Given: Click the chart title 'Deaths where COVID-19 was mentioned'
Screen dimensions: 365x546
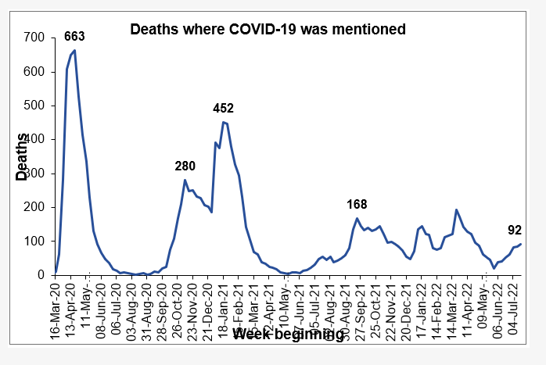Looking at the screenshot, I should (x=268, y=30).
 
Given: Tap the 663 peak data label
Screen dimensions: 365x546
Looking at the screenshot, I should (x=74, y=37).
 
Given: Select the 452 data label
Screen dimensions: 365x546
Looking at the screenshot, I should (x=224, y=109).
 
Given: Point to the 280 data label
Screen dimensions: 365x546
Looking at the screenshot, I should (x=185, y=166).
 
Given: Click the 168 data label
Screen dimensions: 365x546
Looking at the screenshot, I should (x=357, y=205).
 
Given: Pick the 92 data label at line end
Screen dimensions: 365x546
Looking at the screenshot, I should (x=515, y=230).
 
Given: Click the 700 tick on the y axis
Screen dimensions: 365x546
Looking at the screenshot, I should (x=34, y=38).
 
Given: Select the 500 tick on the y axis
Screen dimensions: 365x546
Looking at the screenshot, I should (x=34, y=106).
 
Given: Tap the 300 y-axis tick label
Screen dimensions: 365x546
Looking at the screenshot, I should (x=34, y=174).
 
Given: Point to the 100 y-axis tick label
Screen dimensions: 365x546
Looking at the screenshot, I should (x=34, y=241).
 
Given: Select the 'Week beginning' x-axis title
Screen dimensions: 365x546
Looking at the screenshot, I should (x=288, y=335).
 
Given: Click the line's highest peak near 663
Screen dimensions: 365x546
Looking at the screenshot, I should (x=74, y=51).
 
